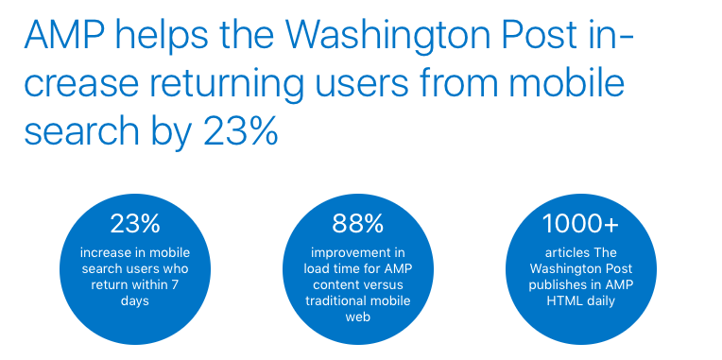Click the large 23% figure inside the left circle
tap(135, 224)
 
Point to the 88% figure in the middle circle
tap(357, 224)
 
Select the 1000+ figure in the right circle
tap(580, 224)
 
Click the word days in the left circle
tap(135, 300)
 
